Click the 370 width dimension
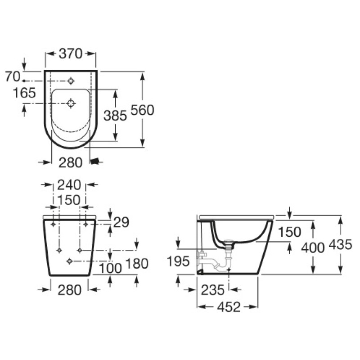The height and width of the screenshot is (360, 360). (x=71, y=54)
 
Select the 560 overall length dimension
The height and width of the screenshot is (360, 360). (x=142, y=110)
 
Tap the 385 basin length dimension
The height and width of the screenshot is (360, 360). (x=115, y=116)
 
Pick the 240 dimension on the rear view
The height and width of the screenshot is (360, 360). (x=69, y=184)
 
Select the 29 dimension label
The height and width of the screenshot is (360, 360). (x=121, y=222)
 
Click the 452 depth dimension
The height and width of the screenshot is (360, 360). (x=228, y=307)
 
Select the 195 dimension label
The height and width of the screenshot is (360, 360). (x=179, y=261)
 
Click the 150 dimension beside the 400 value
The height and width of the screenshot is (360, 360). (x=289, y=232)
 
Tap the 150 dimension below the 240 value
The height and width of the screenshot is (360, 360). (x=69, y=199)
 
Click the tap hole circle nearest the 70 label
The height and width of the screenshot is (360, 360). (x=71, y=81)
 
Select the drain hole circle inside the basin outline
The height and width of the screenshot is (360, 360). (x=71, y=103)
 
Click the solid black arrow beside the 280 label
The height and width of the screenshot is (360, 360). (x=94, y=161)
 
